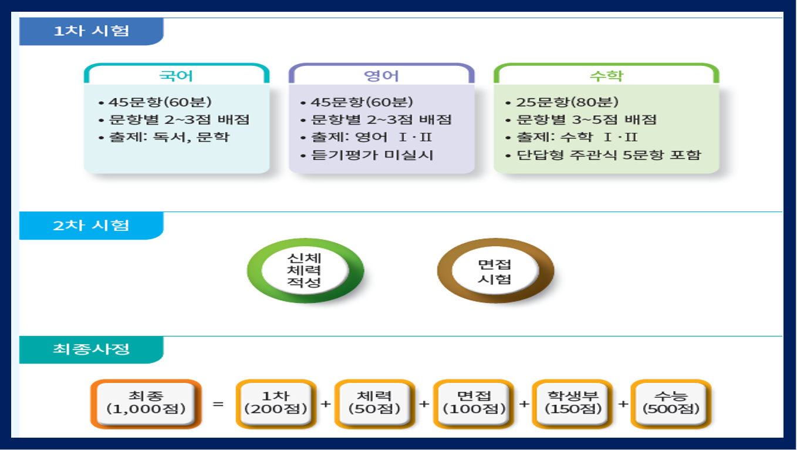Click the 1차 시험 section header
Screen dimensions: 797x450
click(x=92, y=31)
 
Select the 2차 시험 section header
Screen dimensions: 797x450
click(x=92, y=226)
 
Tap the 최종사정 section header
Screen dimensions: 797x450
click(x=92, y=350)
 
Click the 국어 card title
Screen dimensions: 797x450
click(x=176, y=76)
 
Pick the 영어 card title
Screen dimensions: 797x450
click(x=381, y=76)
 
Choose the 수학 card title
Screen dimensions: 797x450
click(x=606, y=76)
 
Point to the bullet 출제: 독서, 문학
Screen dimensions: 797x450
click(x=164, y=137)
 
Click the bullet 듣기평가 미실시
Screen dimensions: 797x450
click(x=367, y=155)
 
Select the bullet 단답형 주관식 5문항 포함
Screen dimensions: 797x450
click(x=603, y=155)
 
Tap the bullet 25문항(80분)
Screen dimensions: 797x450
click(x=562, y=102)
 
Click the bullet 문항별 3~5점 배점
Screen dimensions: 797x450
click(x=581, y=120)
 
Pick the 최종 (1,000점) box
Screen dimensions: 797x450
click(x=146, y=404)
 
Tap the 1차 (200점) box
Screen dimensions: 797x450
click(x=276, y=404)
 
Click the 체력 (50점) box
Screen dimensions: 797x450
click(x=374, y=404)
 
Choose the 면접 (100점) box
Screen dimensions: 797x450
click(x=474, y=404)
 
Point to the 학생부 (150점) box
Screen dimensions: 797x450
click(x=572, y=404)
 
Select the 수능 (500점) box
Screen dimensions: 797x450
click(x=671, y=404)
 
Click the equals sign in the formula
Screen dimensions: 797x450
click(x=218, y=404)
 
